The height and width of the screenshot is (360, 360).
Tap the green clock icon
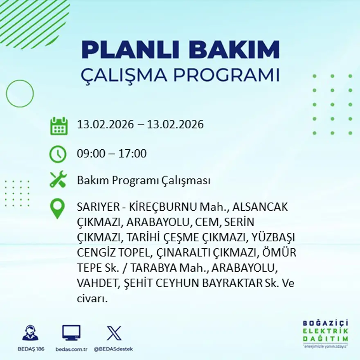point(58,154)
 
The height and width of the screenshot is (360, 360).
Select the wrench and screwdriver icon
point(58,180)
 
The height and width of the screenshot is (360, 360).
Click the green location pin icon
point(57,208)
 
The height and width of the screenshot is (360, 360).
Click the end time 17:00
point(133,154)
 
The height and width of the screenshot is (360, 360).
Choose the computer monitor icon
point(71,333)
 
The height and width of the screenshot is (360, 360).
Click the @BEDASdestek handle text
point(113,349)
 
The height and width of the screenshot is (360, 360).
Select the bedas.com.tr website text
point(71,349)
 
